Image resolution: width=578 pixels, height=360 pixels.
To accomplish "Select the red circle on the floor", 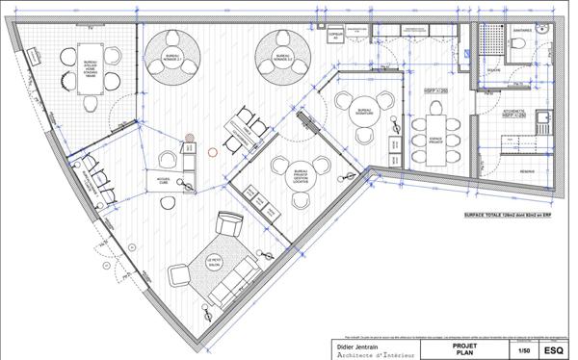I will click(213, 150).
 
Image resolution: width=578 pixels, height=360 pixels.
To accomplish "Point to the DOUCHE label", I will click(493, 70).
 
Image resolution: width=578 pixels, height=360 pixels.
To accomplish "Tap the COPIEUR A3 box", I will click(335, 35).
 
